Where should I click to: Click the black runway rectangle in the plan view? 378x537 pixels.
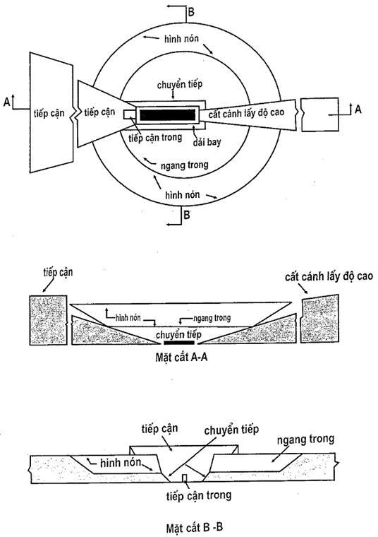pos(167,114)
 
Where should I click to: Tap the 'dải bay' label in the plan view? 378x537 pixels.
pos(207,141)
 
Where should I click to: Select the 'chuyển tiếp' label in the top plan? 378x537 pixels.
pos(180,84)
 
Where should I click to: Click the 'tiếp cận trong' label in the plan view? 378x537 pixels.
pos(155,138)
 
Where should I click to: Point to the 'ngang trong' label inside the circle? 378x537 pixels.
pos(185,165)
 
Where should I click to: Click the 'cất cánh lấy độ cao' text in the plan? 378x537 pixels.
pos(246,113)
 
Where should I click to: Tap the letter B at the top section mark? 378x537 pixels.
pos(191,12)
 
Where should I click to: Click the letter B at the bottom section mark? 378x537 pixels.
pos(187,215)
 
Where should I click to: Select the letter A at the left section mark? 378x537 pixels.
pos(6,102)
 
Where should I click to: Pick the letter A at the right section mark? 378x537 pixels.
pos(358,110)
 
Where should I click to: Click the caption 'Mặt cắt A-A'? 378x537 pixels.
pos(181,358)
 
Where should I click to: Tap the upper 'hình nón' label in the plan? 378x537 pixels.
pos(181,38)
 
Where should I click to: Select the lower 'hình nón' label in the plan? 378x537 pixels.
pos(183,195)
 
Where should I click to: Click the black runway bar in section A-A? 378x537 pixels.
pos(179,343)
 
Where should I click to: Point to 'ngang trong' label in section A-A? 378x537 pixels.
pos(212,318)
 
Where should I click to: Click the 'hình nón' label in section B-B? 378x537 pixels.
pos(121,463)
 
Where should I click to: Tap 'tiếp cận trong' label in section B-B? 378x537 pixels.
pos(199,495)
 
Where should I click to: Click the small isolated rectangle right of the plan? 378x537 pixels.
pos(320,114)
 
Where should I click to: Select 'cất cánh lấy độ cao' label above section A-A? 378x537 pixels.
pos(329,276)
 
